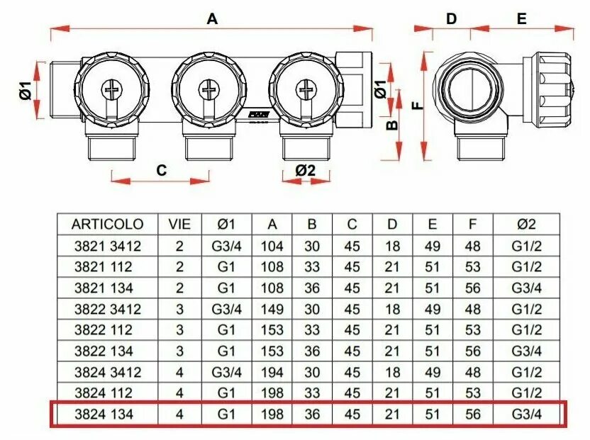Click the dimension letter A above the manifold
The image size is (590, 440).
point(211,19)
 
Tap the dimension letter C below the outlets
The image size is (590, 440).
point(162,170)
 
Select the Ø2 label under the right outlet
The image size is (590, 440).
point(305,170)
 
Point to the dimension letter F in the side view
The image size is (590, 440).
point(416,106)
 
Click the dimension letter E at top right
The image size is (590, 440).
point(521,19)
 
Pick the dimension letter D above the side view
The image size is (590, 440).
point(451,19)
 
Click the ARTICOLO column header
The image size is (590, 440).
point(108,225)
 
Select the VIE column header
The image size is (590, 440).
point(179,225)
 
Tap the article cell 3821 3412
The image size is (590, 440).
point(108,247)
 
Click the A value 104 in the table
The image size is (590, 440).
point(272,247)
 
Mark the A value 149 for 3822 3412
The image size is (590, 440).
point(272,309)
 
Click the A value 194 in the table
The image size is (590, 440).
point(272,372)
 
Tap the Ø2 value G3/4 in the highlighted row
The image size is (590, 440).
point(525,414)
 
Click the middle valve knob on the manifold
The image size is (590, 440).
point(208,89)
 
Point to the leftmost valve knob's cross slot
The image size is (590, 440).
point(112,89)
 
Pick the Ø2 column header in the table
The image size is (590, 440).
point(525,225)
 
